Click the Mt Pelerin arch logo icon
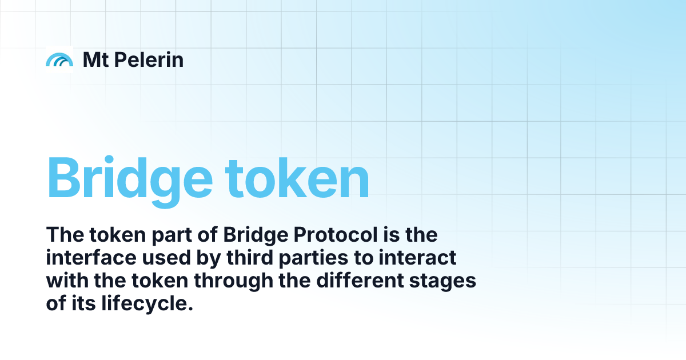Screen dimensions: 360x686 pyautogui.click(x=59, y=59)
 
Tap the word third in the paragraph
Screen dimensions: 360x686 pyautogui.click(x=257, y=258)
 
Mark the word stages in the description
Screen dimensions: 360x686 pyautogui.click(x=452, y=282)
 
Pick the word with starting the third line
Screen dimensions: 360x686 pyautogui.click(x=64, y=282)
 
